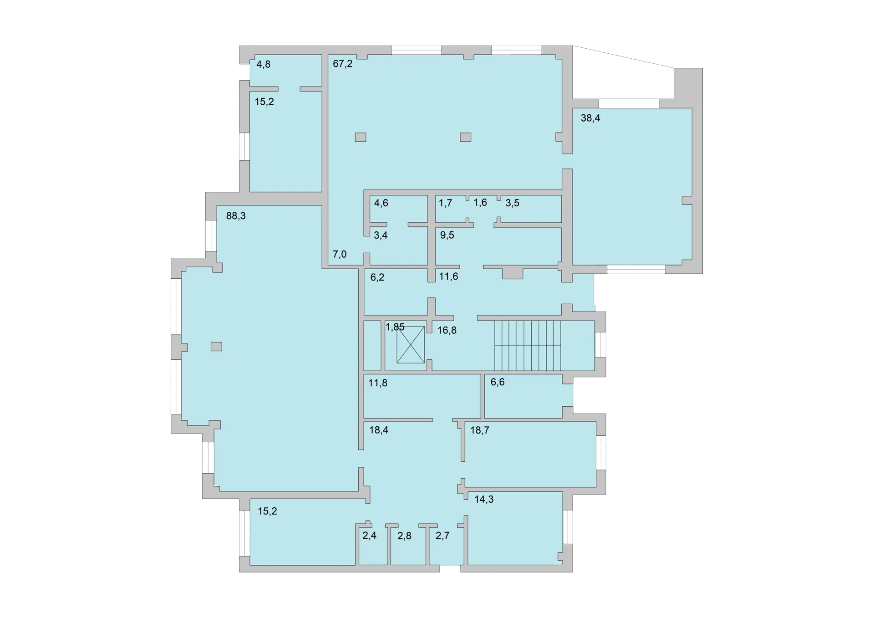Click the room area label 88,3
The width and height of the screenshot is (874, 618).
(236, 216)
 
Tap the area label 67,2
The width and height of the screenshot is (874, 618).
(342, 64)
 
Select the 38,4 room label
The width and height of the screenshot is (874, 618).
(590, 118)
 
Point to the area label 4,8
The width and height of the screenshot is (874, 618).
(263, 65)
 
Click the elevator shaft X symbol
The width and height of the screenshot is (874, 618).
(411, 345)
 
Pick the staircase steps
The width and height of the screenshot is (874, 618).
(528, 346)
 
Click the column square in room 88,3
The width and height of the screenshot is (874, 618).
(216, 347)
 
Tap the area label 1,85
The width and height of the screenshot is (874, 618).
(395, 327)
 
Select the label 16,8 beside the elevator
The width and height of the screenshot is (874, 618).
(447, 331)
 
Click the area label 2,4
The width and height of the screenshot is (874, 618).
(369, 536)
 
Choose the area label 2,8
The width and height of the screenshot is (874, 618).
(404, 536)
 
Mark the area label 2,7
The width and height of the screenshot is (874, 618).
(442, 536)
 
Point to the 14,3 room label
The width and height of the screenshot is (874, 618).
(484, 500)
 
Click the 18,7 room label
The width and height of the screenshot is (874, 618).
(480, 430)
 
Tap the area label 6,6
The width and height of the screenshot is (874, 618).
(498, 382)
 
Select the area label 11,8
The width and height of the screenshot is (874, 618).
(378, 383)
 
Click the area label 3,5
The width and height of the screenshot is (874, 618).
(512, 203)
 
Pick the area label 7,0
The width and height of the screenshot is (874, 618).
(340, 255)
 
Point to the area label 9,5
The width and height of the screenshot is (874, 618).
(447, 235)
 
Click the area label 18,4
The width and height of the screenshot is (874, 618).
(379, 430)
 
